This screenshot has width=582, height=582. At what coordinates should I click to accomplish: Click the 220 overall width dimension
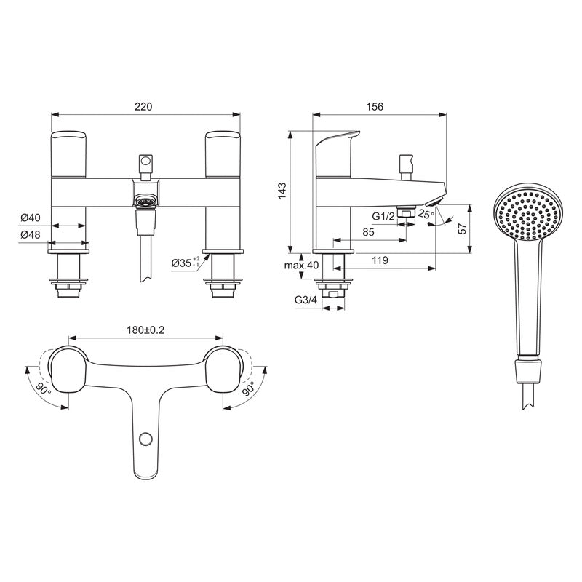click(x=143, y=106)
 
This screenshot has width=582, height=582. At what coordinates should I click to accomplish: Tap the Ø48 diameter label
click(x=30, y=234)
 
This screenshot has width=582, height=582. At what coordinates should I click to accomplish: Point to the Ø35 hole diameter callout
click(x=183, y=263)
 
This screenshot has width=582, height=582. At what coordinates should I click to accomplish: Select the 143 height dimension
click(x=284, y=190)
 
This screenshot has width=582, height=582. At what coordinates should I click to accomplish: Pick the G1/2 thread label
click(x=383, y=216)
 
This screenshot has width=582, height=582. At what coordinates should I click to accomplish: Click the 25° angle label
click(x=426, y=213)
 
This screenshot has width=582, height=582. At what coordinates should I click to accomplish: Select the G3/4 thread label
click(x=305, y=299)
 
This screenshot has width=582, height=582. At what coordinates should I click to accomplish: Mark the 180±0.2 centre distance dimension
click(x=145, y=330)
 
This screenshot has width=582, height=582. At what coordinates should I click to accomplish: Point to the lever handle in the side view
click(x=337, y=145)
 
